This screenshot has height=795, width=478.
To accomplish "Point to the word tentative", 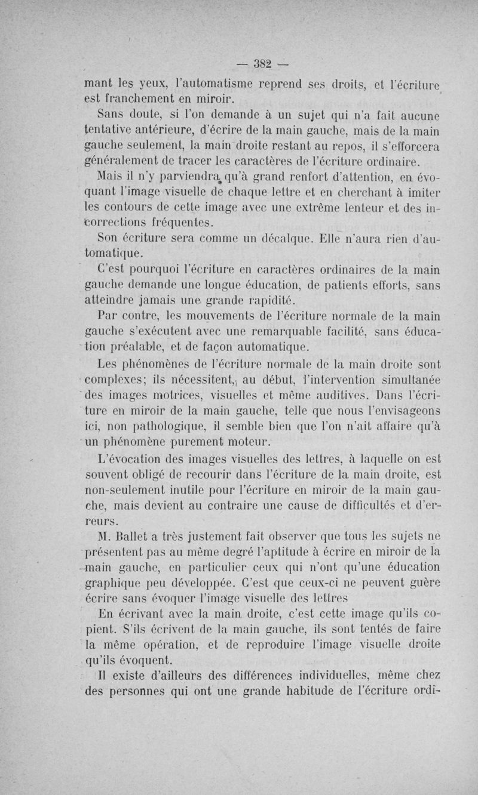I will click(110, 130).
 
